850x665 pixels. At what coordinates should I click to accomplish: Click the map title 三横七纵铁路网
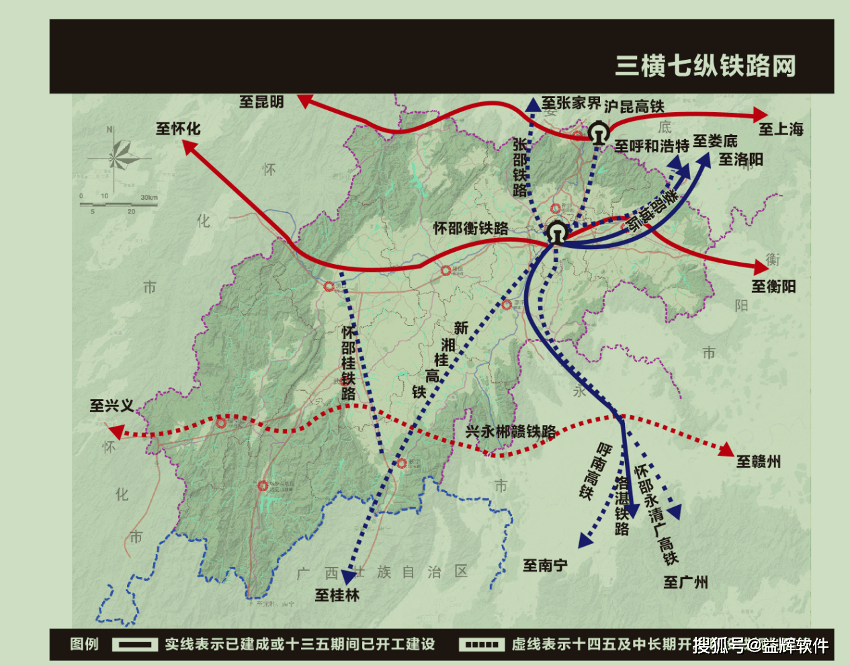(706, 66)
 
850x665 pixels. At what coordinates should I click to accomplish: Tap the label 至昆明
(261, 102)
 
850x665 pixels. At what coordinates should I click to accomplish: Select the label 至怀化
(178, 128)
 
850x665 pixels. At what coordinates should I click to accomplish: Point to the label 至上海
(781, 129)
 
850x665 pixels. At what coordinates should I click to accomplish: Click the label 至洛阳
(740, 160)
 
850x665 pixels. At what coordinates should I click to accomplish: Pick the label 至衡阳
(773, 287)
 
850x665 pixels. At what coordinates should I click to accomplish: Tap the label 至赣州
(759, 461)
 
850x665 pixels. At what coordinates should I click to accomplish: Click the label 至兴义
(112, 406)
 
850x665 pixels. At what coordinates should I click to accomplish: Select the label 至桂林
(337, 595)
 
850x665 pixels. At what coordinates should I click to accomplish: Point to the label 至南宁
(545, 566)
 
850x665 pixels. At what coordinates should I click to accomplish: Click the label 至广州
(685, 582)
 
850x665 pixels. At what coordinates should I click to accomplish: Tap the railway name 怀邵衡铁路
(470, 228)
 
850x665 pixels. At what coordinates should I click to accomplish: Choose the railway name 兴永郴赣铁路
(511, 432)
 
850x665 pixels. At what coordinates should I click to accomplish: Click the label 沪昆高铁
(634, 106)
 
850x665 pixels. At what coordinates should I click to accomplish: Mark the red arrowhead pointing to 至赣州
(726, 449)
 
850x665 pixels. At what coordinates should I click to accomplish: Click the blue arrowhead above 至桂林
(349, 576)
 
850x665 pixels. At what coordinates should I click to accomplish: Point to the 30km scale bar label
(149, 197)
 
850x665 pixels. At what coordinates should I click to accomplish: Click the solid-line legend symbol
(135, 645)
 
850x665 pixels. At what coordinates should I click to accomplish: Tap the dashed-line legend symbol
(481, 645)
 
